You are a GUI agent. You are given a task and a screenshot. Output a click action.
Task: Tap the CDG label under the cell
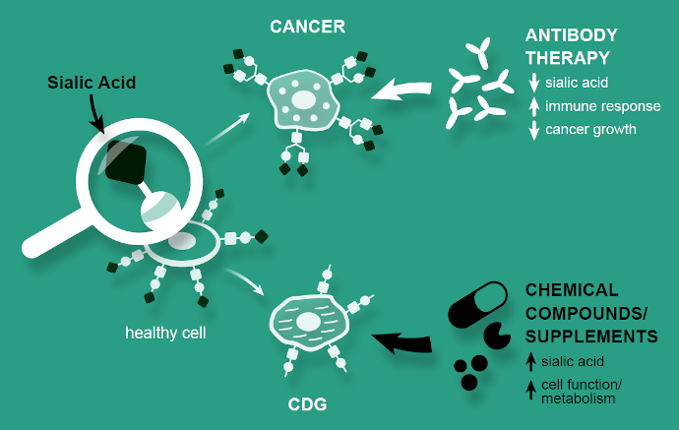pos(307,403)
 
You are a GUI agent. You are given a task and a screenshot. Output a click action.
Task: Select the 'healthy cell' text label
pos(164,332)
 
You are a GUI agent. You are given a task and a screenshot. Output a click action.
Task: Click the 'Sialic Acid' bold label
pos(92,83)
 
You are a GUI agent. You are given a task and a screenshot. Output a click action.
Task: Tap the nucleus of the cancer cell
pos(304,99)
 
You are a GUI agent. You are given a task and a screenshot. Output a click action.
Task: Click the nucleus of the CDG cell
pos(309,321)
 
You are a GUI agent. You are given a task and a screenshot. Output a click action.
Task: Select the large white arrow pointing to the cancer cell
pos(404,92)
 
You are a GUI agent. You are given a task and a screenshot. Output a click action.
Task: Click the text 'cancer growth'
pos(593,129)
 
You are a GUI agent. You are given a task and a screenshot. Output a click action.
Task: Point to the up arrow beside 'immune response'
pos(533,106)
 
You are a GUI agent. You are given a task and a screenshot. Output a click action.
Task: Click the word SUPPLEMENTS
pos(591,337)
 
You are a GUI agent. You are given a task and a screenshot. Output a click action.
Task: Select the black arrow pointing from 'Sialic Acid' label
pos(96,115)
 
